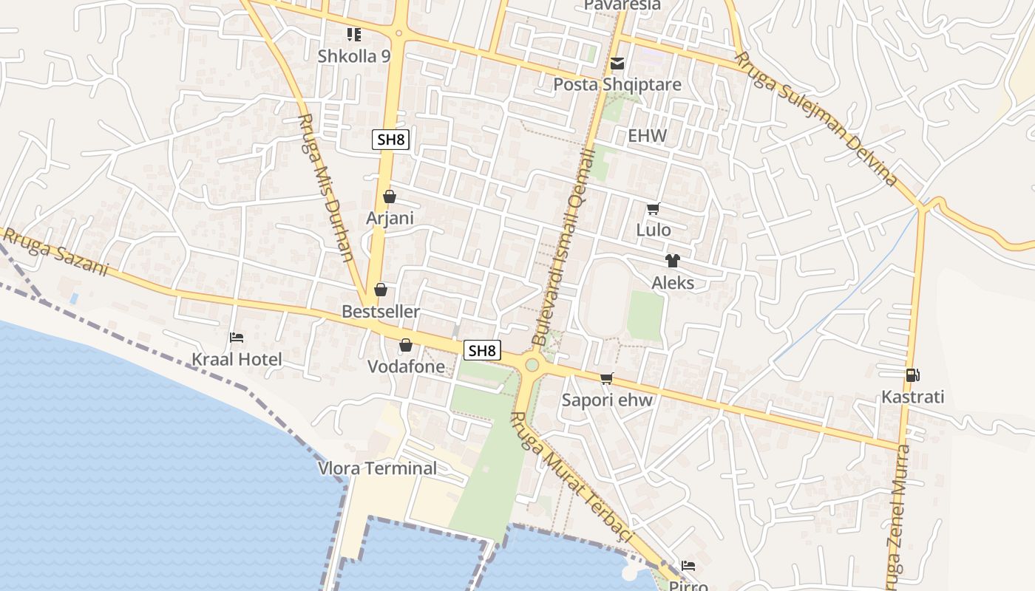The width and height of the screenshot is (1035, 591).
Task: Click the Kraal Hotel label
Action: pos(237,360)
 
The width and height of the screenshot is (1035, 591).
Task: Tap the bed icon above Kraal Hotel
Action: pos(237,338)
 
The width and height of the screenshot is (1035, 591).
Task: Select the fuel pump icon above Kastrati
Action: pos(913,375)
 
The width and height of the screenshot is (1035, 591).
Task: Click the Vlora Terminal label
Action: pos(377,468)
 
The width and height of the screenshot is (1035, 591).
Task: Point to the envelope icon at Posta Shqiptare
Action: pos(617,64)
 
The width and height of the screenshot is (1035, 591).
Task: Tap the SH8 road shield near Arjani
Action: pos(390,140)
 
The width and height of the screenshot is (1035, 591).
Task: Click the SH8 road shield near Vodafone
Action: pos(482,350)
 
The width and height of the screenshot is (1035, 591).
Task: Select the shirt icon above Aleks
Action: pos(672,261)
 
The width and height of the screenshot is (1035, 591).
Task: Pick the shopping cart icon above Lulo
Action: pos(653,209)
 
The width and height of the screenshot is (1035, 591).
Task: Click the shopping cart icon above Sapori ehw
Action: pos(607,378)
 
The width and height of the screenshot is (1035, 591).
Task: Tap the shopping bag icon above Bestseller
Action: pos(381,290)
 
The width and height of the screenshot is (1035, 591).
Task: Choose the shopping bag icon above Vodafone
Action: pos(406,345)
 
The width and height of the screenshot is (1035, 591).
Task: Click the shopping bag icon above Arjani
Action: pos(390,197)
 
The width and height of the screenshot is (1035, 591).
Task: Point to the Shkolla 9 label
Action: pos(354,56)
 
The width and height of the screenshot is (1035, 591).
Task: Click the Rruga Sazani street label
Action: pos(55,252)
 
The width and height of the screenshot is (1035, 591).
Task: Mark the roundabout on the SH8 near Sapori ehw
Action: pos(532,365)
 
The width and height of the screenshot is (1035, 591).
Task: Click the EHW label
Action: pos(647,136)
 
